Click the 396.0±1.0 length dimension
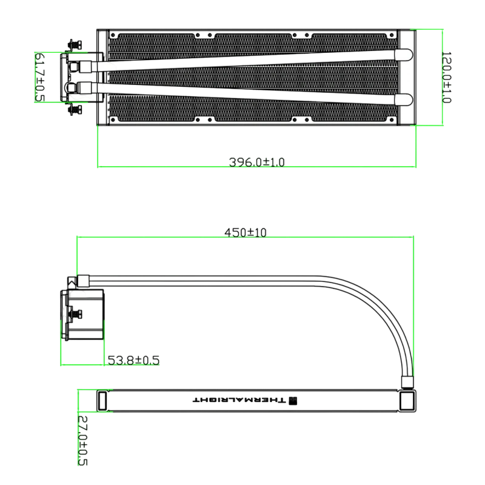pos(256,162)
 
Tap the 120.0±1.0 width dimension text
pos(446,78)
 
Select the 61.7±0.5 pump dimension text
pos(40,78)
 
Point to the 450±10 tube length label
pos(246,232)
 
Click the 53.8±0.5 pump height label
pos(133,360)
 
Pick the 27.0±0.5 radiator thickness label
pos(82,441)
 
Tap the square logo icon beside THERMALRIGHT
pos(293,401)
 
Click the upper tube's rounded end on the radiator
pos(404,55)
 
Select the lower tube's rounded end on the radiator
pos(404,99)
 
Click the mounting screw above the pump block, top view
pos(74,45)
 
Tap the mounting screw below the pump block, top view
pos(74,110)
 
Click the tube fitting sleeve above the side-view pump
pos(83,281)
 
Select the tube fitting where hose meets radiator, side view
pos(407,383)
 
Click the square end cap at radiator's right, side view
pos(407,401)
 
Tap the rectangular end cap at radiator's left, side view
pos(102,401)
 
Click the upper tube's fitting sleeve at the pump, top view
pos(86,67)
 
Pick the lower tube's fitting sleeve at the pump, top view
pos(86,87)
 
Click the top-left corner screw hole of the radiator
pos(113,35)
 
